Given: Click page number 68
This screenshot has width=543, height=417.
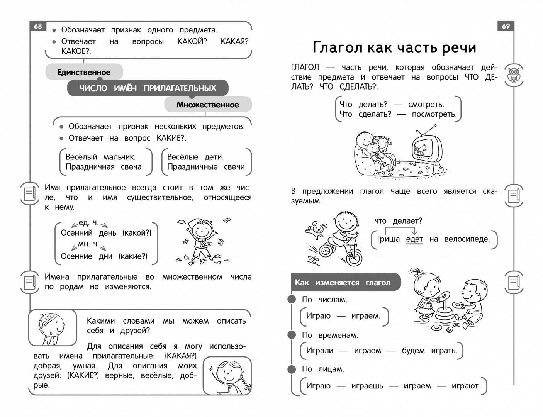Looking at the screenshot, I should coord(38,26).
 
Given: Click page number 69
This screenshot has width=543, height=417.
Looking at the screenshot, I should coord(506,26).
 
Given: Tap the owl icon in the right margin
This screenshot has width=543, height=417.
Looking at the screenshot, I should coord(514,75).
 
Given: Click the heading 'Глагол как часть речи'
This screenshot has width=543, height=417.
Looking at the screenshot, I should coord(394,47).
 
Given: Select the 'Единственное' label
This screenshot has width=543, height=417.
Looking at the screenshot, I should coord(84,72).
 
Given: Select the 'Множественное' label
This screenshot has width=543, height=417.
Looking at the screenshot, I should coord(208,105).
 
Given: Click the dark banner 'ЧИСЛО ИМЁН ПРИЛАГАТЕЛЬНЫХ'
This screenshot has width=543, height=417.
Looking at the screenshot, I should coord(148,88).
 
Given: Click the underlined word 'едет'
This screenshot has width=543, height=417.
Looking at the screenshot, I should coord(414,239).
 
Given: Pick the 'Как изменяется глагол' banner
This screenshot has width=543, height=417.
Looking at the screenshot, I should coord(343,282).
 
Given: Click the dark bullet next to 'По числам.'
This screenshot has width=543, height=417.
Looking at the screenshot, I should coord(292,299).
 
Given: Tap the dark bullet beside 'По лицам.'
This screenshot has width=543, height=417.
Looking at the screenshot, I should coord(292,369).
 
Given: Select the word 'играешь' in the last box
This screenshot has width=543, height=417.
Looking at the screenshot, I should coord(367,386).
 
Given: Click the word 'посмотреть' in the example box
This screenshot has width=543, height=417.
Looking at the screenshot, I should coord(434,114).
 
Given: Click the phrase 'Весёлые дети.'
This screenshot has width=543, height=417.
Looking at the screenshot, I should coord(195,157).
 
